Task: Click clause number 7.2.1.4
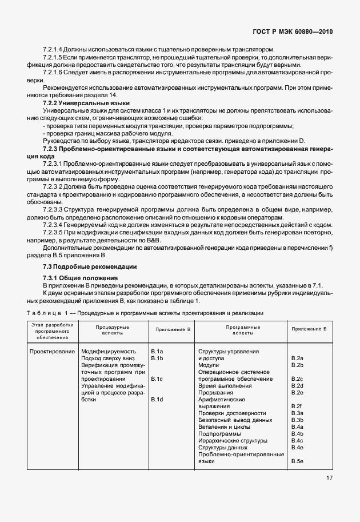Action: (x=55, y=49)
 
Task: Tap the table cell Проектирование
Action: (x=53, y=351)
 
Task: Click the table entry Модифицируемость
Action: (x=109, y=351)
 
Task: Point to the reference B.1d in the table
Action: (x=157, y=399)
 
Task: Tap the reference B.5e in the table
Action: (x=297, y=461)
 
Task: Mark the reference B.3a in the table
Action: (x=297, y=413)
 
